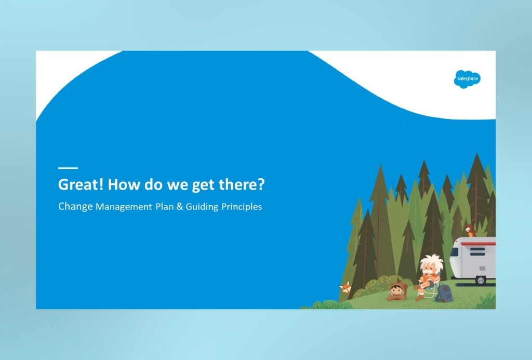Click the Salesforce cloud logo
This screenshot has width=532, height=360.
467,79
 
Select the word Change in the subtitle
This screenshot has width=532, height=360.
75,206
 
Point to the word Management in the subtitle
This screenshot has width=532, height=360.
123,207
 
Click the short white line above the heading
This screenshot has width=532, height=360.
68,168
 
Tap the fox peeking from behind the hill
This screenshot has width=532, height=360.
345,287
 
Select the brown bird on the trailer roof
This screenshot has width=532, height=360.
470,230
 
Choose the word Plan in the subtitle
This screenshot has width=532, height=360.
164,207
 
